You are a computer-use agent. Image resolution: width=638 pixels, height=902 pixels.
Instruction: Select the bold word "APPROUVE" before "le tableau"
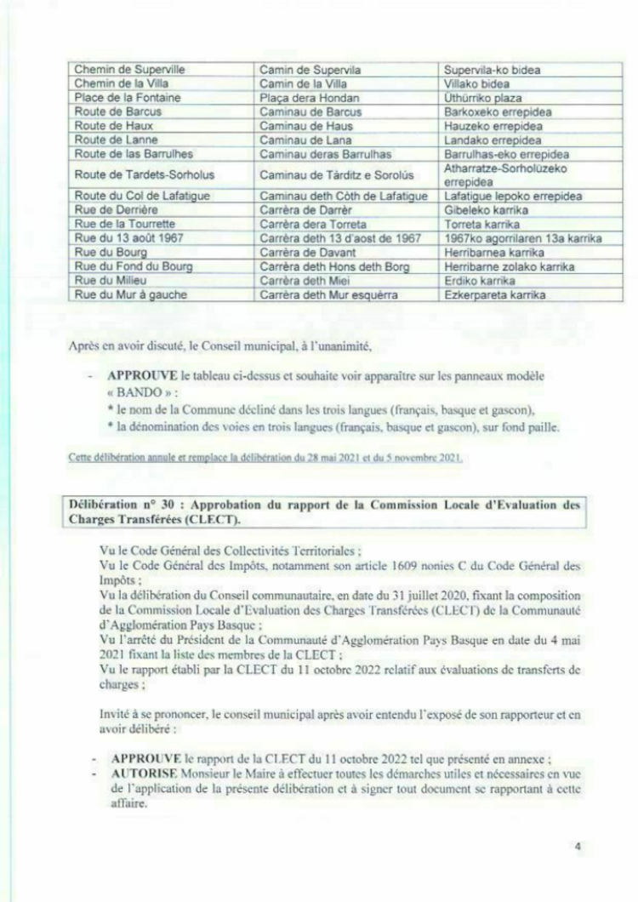(x=136, y=376)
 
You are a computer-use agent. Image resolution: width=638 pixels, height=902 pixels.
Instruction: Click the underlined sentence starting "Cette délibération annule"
(x=266, y=460)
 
